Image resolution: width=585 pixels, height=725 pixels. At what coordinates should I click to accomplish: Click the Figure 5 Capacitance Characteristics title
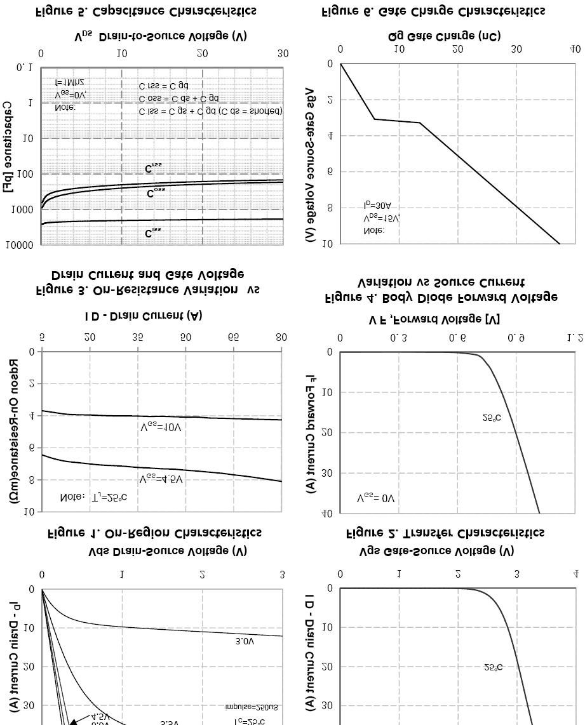[146, 11]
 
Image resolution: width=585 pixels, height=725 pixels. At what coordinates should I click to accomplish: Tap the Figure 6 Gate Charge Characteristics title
[434, 11]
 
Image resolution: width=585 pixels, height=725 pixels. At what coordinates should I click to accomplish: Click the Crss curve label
[154, 168]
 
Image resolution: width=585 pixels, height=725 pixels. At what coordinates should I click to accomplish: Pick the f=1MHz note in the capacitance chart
[69, 83]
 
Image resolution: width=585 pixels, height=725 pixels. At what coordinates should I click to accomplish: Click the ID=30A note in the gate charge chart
[378, 206]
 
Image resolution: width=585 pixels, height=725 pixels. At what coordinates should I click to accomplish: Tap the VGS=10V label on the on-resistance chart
[161, 427]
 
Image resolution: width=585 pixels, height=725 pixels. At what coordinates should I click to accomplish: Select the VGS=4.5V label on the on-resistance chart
[161, 479]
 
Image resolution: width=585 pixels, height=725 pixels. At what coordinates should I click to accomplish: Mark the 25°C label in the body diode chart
[492, 418]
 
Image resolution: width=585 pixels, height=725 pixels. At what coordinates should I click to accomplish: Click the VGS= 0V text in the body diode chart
[375, 498]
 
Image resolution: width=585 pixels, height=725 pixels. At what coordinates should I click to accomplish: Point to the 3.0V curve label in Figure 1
[245, 642]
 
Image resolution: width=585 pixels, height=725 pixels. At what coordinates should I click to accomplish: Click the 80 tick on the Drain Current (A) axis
[281, 337]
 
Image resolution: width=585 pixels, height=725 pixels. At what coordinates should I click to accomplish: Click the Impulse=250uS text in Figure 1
[252, 707]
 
